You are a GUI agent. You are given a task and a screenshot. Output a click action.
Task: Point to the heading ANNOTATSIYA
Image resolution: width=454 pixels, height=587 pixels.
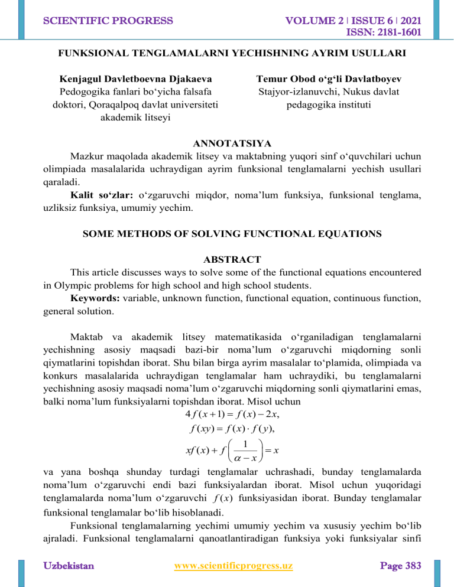[x=227, y=143]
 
